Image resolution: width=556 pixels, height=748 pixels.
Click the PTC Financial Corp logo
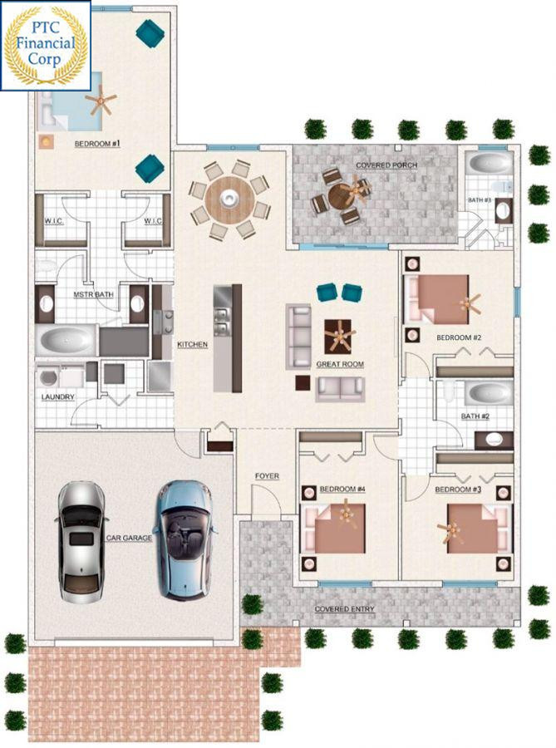[46, 46]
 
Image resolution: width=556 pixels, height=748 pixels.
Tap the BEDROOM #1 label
[97, 144]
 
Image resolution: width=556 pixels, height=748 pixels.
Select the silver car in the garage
[81, 542]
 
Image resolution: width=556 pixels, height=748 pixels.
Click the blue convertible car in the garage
[184, 539]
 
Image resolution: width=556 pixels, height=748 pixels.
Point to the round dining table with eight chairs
[230, 199]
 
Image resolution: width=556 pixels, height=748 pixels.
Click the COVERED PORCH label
[386, 165]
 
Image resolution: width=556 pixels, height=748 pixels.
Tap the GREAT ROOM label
[340, 364]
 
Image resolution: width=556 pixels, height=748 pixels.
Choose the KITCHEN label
[193, 344]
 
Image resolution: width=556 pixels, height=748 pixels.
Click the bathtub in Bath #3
[489, 163]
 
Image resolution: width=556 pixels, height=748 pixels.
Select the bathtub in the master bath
[67, 340]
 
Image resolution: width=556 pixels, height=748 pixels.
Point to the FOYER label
[267, 476]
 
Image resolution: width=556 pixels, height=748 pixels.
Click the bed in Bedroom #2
[437, 299]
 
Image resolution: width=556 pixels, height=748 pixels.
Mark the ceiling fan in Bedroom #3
[450, 530]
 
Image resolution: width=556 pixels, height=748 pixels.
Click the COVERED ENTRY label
[344, 609]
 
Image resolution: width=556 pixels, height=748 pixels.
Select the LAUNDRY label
[57, 397]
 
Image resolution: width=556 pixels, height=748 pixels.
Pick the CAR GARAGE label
[129, 538]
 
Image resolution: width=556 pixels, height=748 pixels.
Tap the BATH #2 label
[475, 416]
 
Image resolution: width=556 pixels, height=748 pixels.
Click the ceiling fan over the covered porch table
[354, 189]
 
